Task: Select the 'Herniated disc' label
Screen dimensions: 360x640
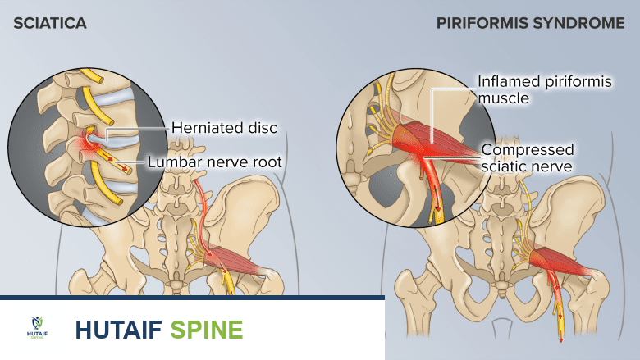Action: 224,128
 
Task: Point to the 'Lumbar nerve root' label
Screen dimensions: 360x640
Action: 214,162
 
